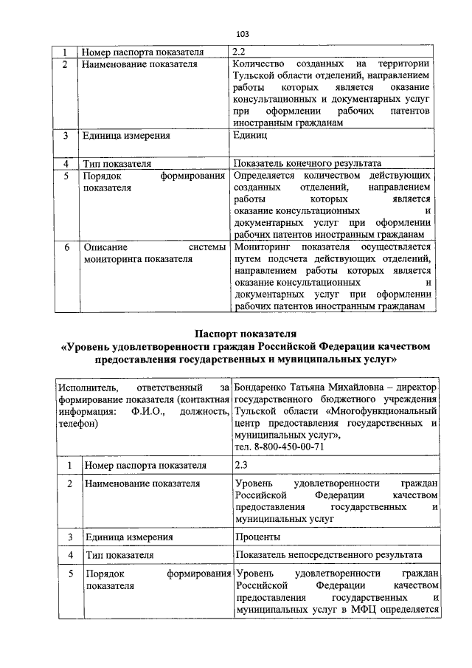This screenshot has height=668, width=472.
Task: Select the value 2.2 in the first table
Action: [x=240, y=52]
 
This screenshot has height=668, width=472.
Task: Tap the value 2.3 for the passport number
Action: [x=241, y=466]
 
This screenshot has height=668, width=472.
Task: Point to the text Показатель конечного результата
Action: [x=307, y=163]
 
